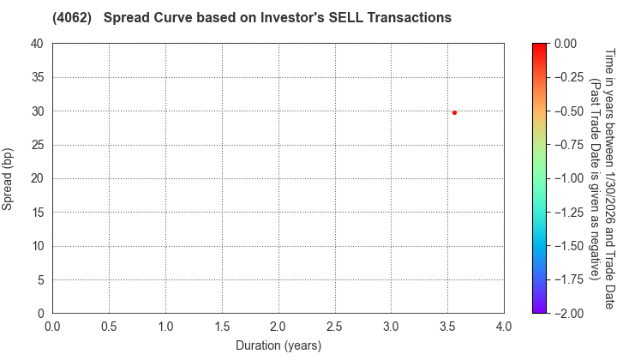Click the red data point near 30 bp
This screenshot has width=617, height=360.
454,112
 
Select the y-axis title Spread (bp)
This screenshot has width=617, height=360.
8,178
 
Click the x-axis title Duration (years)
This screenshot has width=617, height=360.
278,346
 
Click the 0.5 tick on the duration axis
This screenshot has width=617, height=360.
109,327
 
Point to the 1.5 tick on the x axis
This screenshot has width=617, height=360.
222,327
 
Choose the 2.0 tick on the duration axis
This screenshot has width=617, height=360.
278,327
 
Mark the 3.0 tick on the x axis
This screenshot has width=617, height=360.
391,327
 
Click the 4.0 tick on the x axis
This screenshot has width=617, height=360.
504,327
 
